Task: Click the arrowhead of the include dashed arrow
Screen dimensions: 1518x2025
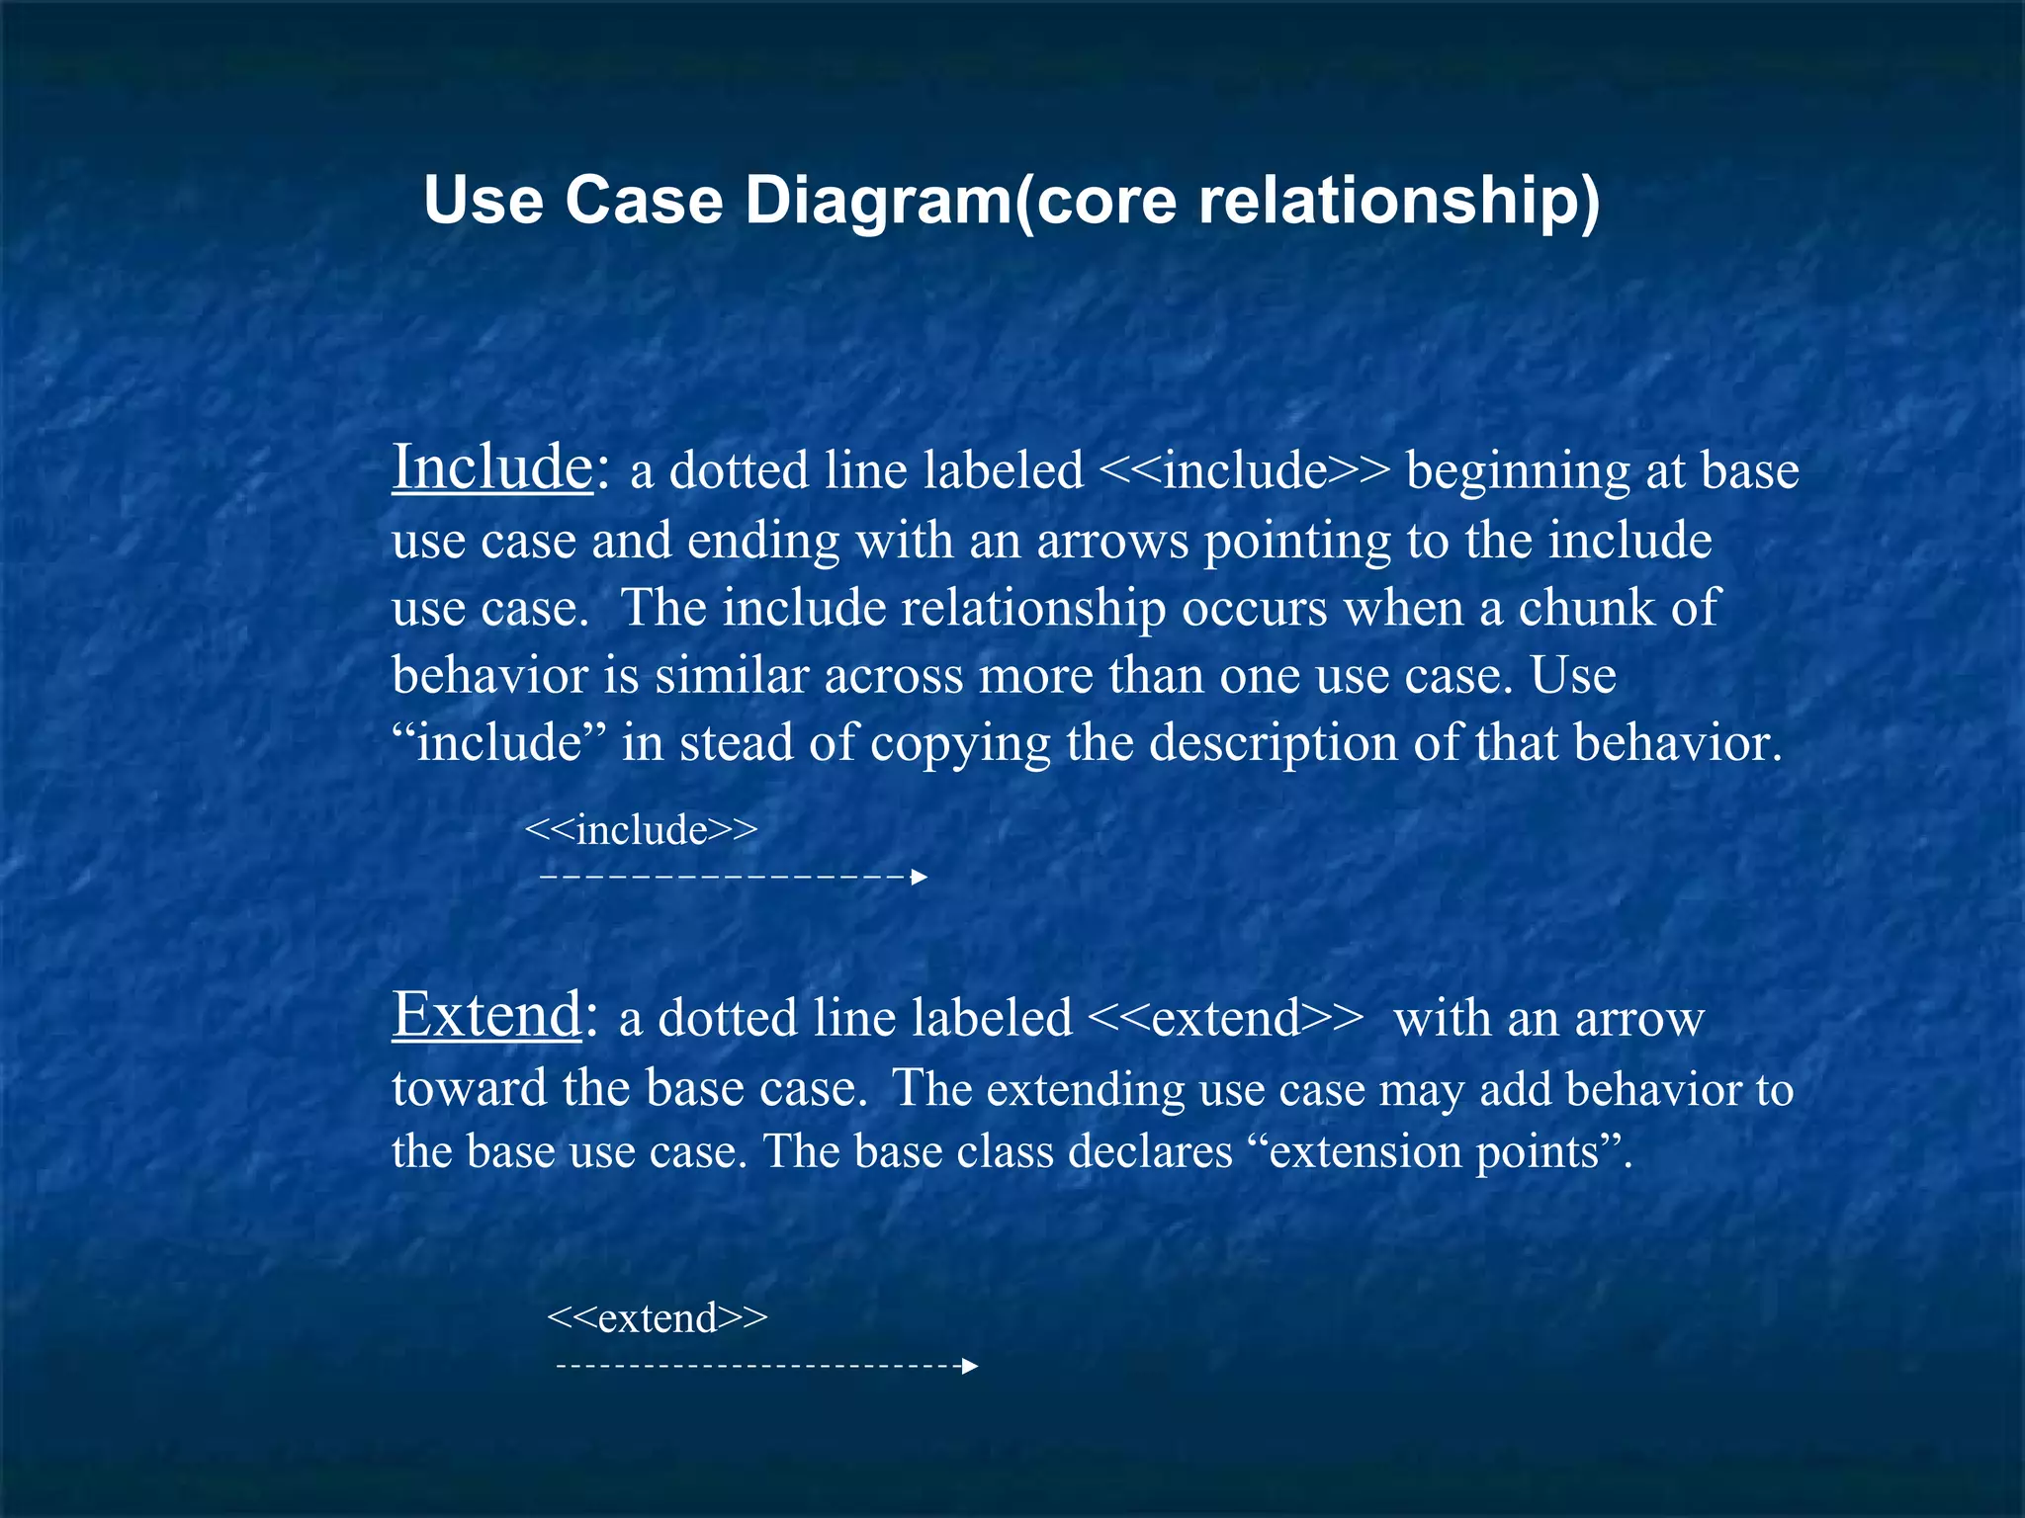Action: (x=920, y=877)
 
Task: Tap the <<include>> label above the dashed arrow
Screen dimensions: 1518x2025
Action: (x=641, y=830)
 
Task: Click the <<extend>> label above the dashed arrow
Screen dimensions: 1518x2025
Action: (x=657, y=1318)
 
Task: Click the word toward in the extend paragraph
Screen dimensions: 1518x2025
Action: (x=469, y=1089)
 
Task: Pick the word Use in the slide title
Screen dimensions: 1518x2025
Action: (x=484, y=202)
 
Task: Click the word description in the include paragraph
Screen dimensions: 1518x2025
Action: (x=1274, y=743)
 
